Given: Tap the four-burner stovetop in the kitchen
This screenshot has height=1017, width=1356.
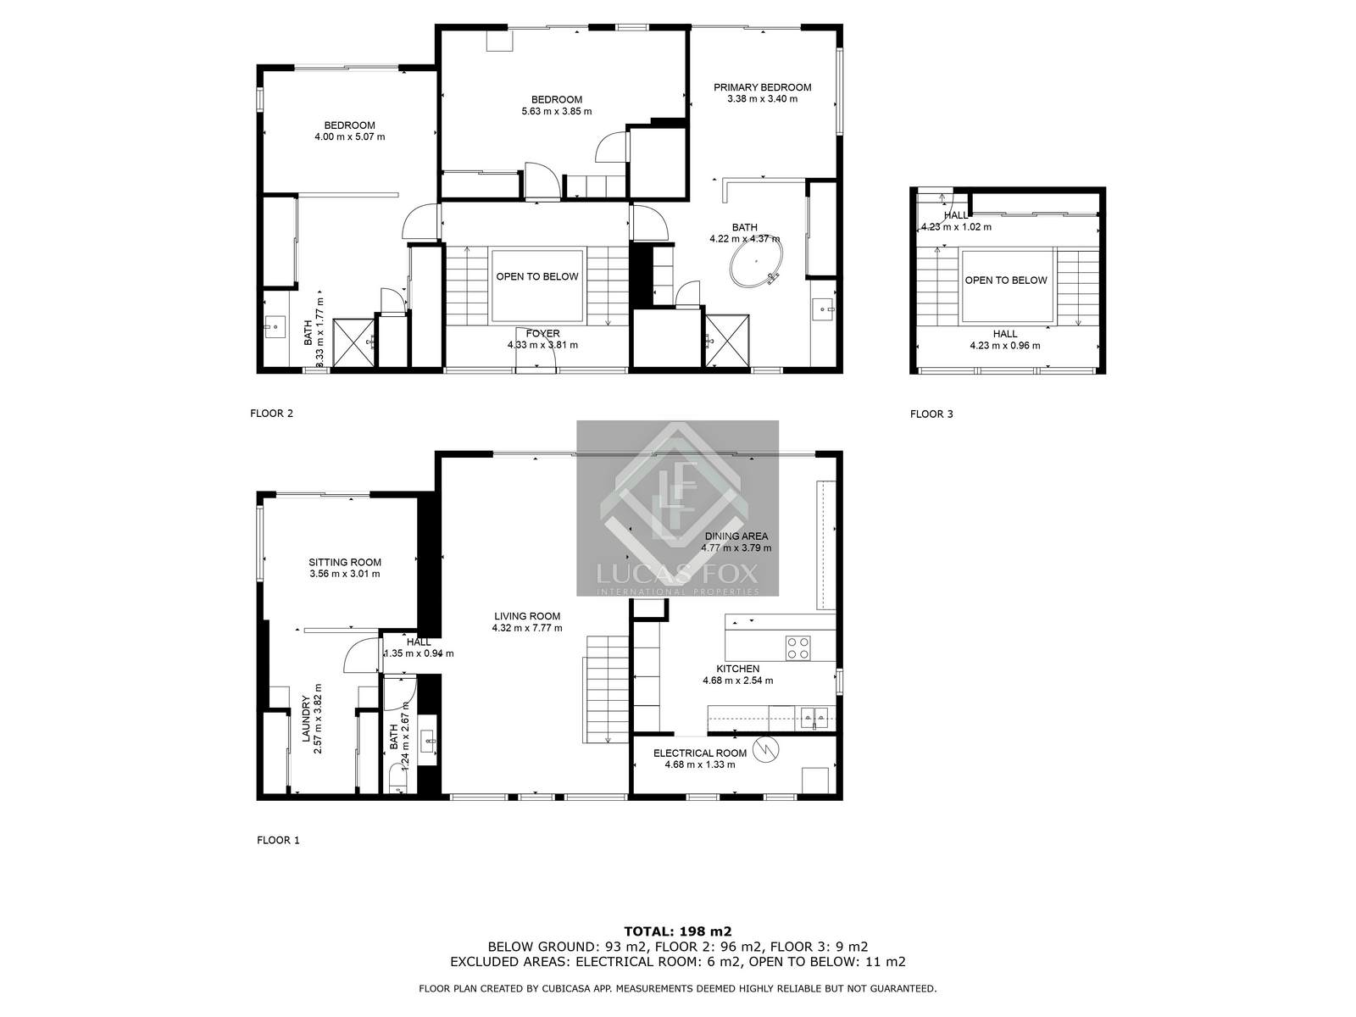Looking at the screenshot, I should pyautogui.click(x=797, y=647).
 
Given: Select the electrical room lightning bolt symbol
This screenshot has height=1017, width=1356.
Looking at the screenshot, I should pyautogui.click(x=767, y=748).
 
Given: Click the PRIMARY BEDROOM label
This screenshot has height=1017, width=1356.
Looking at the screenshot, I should pyautogui.click(x=762, y=87).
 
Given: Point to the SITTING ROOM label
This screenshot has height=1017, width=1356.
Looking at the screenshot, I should pyautogui.click(x=344, y=562).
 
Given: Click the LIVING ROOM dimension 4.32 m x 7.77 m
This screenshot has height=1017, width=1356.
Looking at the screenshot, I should pyautogui.click(x=526, y=628).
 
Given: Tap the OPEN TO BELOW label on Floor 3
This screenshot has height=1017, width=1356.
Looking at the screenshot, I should pyautogui.click(x=1006, y=281).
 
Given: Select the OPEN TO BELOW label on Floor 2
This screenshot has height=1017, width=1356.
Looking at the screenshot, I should pyautogui.click(x=537, y=276).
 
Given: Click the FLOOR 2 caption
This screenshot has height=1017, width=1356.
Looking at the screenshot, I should pyautogui.click(x=271, y=414).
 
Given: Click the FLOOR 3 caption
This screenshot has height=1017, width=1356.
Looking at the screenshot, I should pyautogui.click(x=931, y=414).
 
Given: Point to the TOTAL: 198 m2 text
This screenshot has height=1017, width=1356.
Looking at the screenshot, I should pyautogui.click(x=677, y=931).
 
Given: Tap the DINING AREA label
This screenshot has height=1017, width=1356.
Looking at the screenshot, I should pyautogui.click(x=736, y=536).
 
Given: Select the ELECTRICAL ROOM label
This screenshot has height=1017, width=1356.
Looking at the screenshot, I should pyautogui.click(x=699, y=753).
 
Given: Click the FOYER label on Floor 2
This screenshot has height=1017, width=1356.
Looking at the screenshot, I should pyautogui.click(x=542, y=334).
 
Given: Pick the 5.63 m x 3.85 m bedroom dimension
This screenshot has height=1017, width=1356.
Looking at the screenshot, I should pyautogui.click(x=556, y=111).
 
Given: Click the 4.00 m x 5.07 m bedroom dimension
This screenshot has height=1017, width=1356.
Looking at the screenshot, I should pyautogui.click(x=349, y=136).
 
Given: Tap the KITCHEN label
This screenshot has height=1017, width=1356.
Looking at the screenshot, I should pyautogui.click(x=737, y=669).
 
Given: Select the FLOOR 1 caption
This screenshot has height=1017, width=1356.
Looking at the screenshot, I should pyautogui.click(x=278, y=841).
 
